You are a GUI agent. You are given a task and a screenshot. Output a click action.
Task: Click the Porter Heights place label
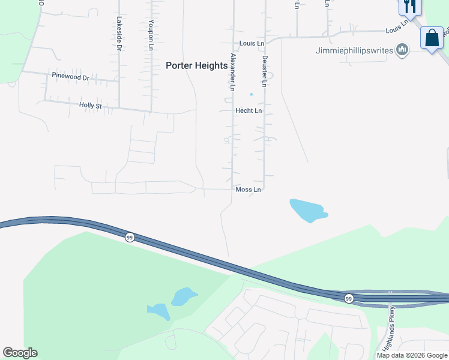[196, 66]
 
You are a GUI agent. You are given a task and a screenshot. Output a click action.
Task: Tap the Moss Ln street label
[249, 190]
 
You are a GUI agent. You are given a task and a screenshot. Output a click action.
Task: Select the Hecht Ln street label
[249, 111]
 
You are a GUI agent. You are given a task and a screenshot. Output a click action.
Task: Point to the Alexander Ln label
[233, 72]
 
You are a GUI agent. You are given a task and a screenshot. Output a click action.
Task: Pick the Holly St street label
[91, 106]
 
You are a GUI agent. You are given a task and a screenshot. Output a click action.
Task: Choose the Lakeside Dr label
[119, 33]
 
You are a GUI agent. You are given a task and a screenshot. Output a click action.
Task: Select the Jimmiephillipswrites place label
[354, 50]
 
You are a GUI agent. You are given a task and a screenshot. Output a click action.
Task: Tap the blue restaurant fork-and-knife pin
[411, 7]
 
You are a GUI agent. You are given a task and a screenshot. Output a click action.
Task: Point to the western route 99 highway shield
[129, 237]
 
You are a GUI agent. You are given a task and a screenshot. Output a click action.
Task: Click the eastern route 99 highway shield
[349, 298]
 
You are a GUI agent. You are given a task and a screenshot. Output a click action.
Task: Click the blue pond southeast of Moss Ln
[308, 210]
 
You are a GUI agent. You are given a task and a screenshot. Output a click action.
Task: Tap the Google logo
[20, 353]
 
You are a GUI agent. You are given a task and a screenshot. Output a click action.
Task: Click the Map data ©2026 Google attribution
[412, 355]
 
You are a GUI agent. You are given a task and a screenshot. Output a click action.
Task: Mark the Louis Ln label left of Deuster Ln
[252, 44]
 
